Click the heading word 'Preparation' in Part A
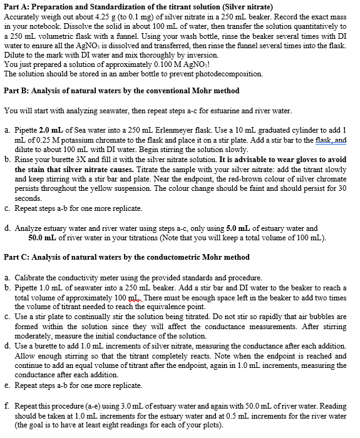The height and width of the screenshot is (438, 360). pyautogui.click(x=52, y=7)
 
